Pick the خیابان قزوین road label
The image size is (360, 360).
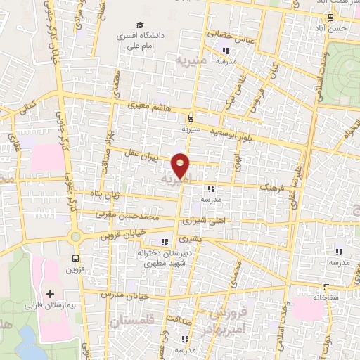pos(129,233)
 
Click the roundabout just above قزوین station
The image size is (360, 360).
pos(75,236)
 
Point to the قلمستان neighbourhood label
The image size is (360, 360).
pos(131,321)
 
